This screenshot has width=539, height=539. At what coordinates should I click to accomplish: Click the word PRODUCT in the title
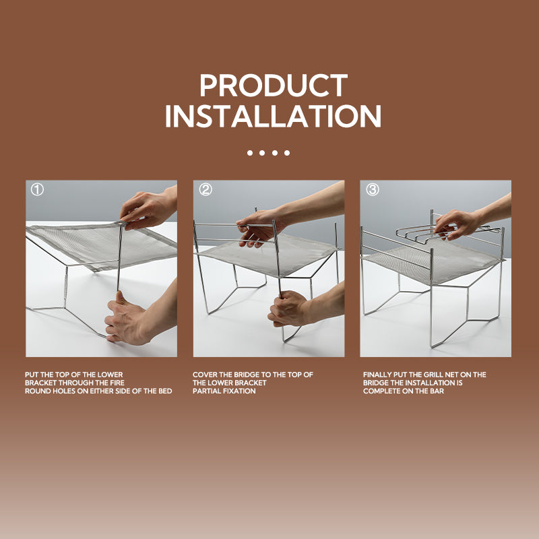tap(274, 86)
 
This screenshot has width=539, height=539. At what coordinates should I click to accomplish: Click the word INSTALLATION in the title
tap(274, 116)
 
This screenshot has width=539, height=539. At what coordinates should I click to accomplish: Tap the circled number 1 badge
tap(37, 189)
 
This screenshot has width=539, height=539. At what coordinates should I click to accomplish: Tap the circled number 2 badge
tap(205, 189)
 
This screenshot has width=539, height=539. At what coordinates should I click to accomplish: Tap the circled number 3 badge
tap(373, 189)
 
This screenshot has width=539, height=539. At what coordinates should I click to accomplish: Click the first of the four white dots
tap(250, 153)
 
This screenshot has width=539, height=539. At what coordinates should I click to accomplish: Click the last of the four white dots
tap(287, 153)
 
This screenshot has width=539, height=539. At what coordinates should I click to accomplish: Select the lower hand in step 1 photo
tap(137, 318)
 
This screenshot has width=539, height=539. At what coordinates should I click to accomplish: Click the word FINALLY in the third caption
tap(377, 375)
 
